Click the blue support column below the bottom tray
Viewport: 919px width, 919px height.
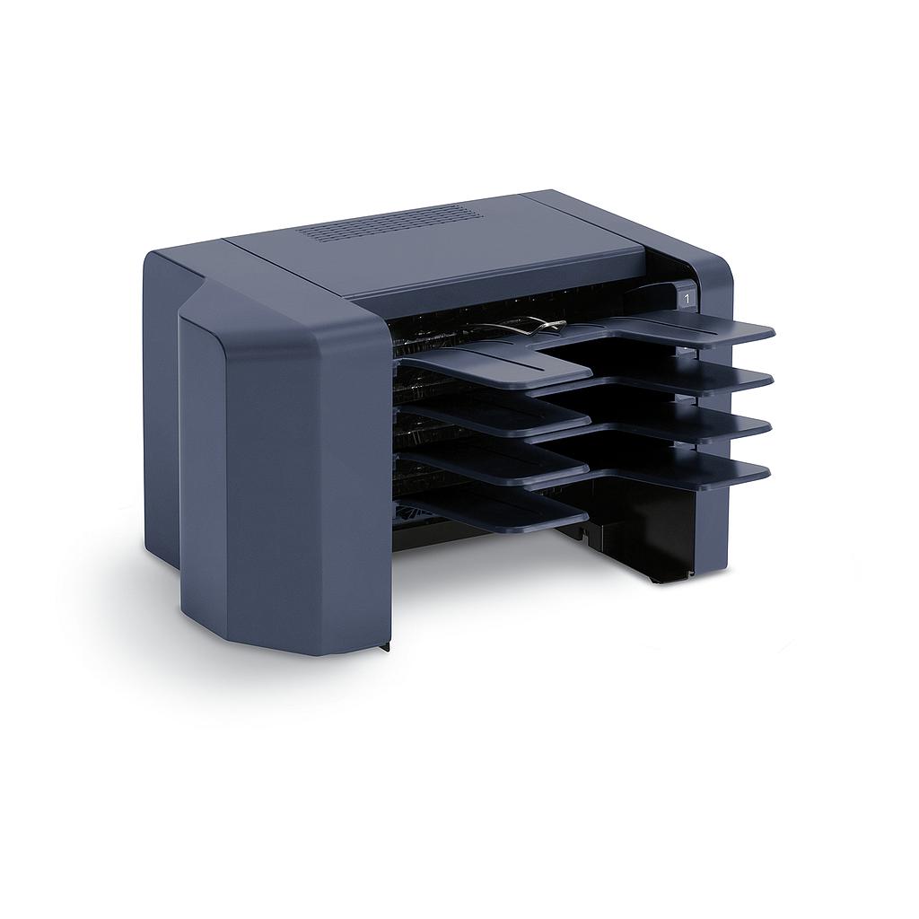coord(713,530)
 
